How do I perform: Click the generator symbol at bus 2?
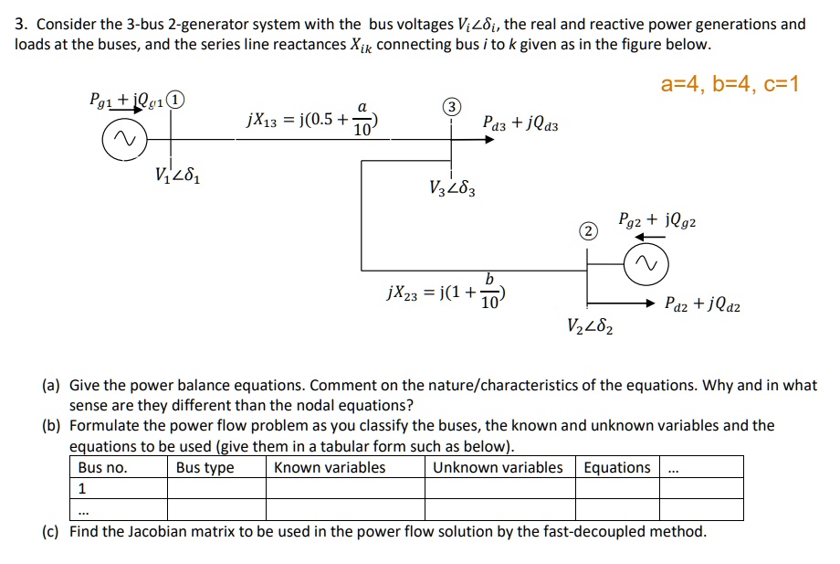[646, 266]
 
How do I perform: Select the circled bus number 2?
[590, 232]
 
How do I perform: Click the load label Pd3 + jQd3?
[520, 122]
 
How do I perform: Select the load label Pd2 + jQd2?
[702, 305]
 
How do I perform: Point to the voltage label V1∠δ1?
[176, 175]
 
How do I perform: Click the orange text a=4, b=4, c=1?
[730, 85]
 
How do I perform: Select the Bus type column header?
[205, 468]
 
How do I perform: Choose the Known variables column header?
[330, 468]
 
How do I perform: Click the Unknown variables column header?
[498, 468]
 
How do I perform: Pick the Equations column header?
[617, 468]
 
